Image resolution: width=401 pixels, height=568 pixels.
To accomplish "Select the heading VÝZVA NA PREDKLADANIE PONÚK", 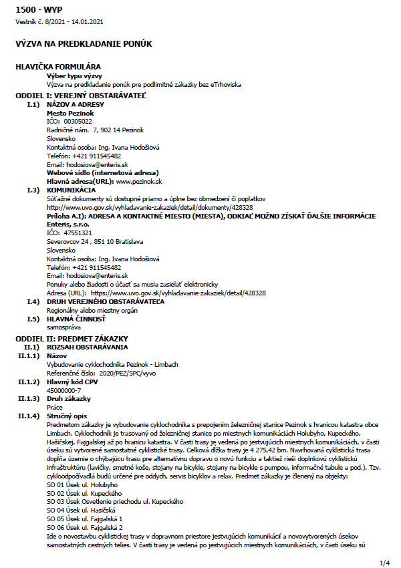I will click(84, 44).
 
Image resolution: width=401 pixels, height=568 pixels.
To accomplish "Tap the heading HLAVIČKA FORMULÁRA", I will click(58, 67).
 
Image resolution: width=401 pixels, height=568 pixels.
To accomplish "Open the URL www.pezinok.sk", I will click(140, 182).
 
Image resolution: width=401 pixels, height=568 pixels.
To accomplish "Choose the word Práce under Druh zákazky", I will click(55, 406).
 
